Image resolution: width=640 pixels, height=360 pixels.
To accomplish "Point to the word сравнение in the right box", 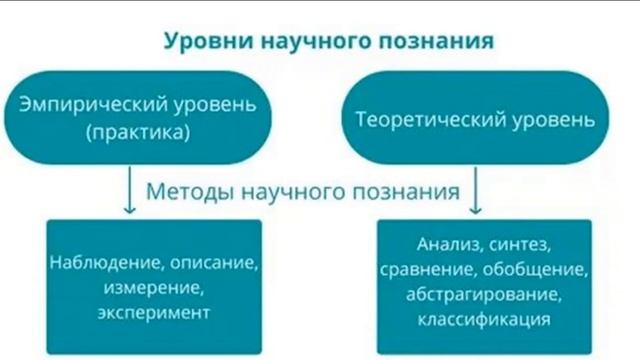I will [x=427, y=270].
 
